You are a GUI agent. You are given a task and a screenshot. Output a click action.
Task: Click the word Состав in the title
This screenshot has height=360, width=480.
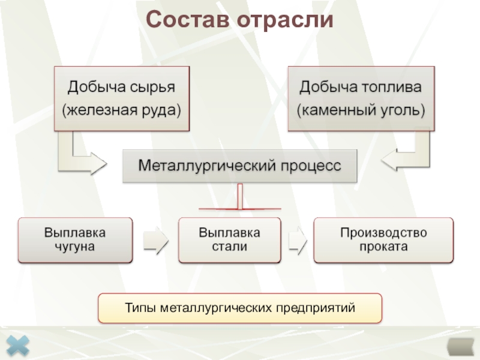pyautogui.click(x=187, y=20)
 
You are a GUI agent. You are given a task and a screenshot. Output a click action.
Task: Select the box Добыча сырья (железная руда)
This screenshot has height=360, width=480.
pyautogui.click(x=122, y=98)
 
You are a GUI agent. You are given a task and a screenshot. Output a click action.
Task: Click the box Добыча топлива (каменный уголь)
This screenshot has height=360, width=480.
pyautogui.click(x=361, y=98)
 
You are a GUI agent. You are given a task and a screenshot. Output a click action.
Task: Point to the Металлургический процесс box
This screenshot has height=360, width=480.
pyautogui.click(x=239, y=166)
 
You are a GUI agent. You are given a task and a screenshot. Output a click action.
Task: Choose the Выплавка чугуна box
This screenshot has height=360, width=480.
pyautogui.click(x=75, y=239)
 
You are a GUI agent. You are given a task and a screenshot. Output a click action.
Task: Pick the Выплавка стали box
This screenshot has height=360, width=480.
pyautogui.click(x=230, y=239)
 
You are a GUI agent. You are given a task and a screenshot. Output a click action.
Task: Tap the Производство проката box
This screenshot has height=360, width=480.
pyautogui.click(x=383, y=239)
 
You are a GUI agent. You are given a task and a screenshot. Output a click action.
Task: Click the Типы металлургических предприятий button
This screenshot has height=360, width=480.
pyautogui.click(x=240, y=308)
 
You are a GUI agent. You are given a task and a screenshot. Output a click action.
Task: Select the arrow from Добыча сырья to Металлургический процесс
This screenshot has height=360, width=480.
pyautogui.click(x=81, y=157)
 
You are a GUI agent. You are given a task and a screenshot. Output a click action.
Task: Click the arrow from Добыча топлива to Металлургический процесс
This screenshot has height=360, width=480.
pyautogui.click(x=408, y=157)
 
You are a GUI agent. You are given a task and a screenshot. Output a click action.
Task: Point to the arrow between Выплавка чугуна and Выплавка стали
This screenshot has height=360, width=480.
pyautogui.click(x=155, y=241)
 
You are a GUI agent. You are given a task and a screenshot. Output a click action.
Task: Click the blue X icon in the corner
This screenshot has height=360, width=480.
pyautogui.click(x=19, y=347)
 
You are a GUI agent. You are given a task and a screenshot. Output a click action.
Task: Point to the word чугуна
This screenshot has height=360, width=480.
pyautogui.click(x=75, y=246)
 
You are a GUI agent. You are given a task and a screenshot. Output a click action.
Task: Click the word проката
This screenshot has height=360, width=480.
pyautogui.click(x=383, y=246)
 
